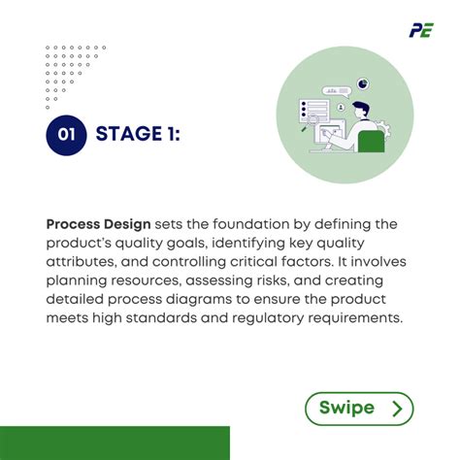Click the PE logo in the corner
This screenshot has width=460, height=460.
[x=421, y=29]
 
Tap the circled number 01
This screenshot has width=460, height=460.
[x=66, y=136]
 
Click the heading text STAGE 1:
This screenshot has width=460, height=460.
[x=138, y=136]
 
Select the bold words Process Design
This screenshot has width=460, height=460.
[x=98, y=224]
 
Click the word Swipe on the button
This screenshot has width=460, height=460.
[x=346, y=409]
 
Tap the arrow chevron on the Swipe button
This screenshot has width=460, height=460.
[x=396, y=409]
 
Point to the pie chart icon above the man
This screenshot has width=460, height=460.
[x=363, y=84]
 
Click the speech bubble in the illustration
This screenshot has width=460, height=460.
[x=336, y=90]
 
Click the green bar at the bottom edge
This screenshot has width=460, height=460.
[x=115, y=443]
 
